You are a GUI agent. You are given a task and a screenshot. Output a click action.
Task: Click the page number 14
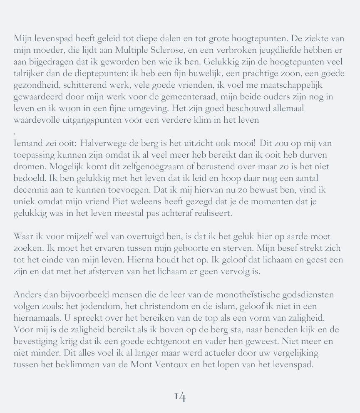pos(179,396)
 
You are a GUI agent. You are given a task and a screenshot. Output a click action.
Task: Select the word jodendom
pos(97,307)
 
